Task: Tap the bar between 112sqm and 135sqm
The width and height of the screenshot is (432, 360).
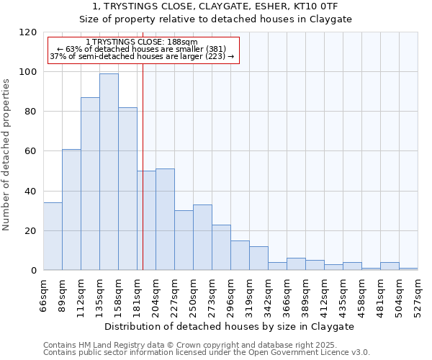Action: (90, 184)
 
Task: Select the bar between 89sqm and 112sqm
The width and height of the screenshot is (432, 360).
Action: (71, 210)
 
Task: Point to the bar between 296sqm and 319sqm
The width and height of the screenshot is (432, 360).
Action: (240, 256)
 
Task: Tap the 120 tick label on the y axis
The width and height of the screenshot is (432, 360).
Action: (28, 32)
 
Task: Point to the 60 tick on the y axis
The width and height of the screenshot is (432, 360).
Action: (31, 151)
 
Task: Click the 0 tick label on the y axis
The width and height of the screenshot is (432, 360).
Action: (34, 271)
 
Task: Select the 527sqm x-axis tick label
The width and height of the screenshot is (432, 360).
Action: (418, 294)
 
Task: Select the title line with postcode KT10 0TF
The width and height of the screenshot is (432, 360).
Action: (215, 6)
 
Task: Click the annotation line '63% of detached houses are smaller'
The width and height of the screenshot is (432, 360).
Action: (142, 49)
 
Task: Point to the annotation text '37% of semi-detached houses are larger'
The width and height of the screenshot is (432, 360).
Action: (142, 56)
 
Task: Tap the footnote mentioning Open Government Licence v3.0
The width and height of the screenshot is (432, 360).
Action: (206, 352)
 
